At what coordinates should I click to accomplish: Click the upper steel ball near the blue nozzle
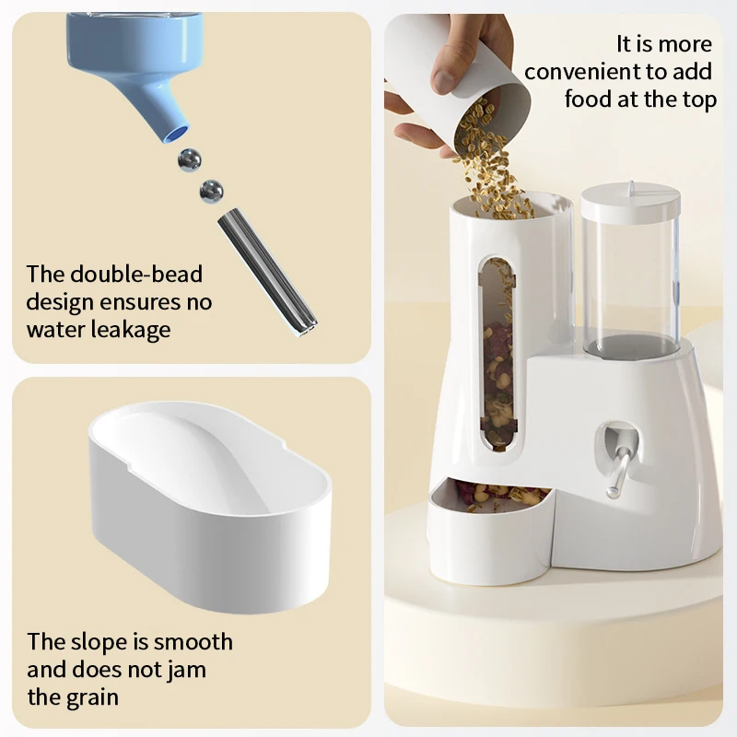pos(190,159)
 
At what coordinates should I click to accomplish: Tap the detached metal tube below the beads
pos(266,272)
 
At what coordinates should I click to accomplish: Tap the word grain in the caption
pos(91,696)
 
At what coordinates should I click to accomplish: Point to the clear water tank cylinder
pos(631,276)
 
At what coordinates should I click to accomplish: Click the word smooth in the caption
pos(193,641)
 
